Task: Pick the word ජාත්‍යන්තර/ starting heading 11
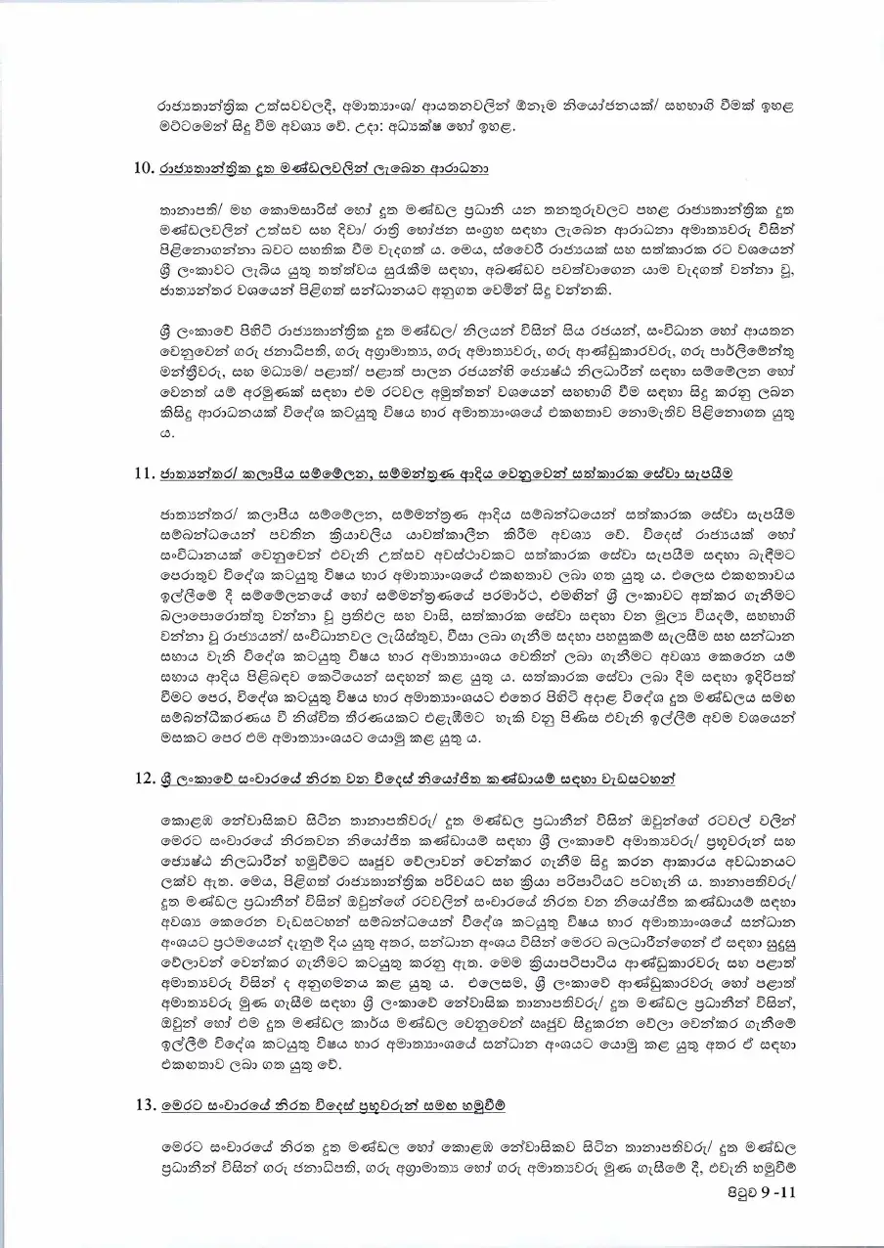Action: pos(201,474)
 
